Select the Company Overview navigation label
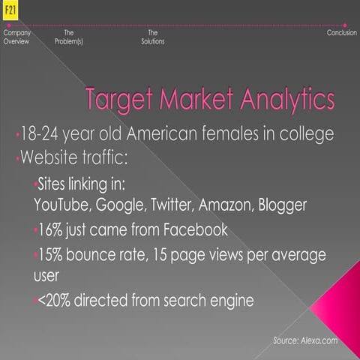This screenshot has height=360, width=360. (x=16, y=37)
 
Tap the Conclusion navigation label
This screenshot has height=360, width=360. (x=341, y=33)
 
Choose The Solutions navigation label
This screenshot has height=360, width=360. (x=152, y=37)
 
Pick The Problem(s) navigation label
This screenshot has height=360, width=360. (x=69, y=37)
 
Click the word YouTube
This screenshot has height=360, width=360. (x=59, y=204)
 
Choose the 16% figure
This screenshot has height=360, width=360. (x=50, y=229)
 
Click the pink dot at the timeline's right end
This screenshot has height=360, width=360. (x=344, y=25)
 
